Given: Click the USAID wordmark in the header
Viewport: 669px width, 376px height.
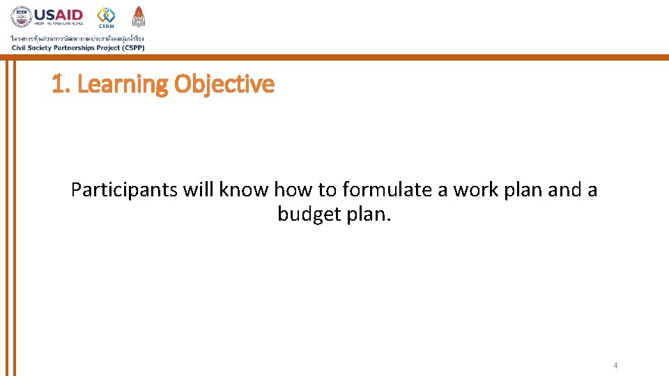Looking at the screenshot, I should [x=59, y=14].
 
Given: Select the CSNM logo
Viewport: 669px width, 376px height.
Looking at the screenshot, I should [x=106, y=17].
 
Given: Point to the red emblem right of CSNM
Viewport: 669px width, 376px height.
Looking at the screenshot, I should [x=139, y=16].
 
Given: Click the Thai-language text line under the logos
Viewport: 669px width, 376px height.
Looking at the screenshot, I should [x=77, y=38].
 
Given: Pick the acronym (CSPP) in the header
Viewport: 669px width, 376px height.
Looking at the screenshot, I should [x=131, y=47].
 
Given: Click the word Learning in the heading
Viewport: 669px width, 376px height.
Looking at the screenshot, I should [x=122, y=84].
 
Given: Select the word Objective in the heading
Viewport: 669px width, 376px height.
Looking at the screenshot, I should [x=224, y=84].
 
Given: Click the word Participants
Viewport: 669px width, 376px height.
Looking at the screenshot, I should [x=125, y=189].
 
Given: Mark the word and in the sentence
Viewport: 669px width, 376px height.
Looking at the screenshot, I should [x=564, y=189].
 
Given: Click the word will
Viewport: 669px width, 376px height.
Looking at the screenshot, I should [x=199, y=189].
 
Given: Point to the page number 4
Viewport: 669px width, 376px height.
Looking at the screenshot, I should [x=615, y=366].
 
